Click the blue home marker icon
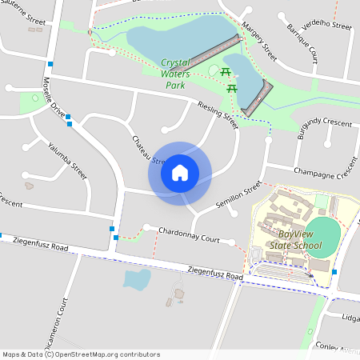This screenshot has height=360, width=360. pyautogui.click(x=180, y=172)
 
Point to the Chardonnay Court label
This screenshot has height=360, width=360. pyautogui.click(x=189, y=238)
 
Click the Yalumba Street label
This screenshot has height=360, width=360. pyautogui.click(x=66, y=158)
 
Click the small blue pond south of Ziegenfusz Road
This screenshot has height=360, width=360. pyautogui.click(x=137, y=279)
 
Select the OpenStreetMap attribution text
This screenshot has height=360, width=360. pyautogui.click(x=81, y=354)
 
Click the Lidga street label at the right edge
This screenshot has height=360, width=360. pyautogui.click(x=350, y=318)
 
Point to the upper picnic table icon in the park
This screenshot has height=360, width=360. pyautogui.click(x=226, y=73)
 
